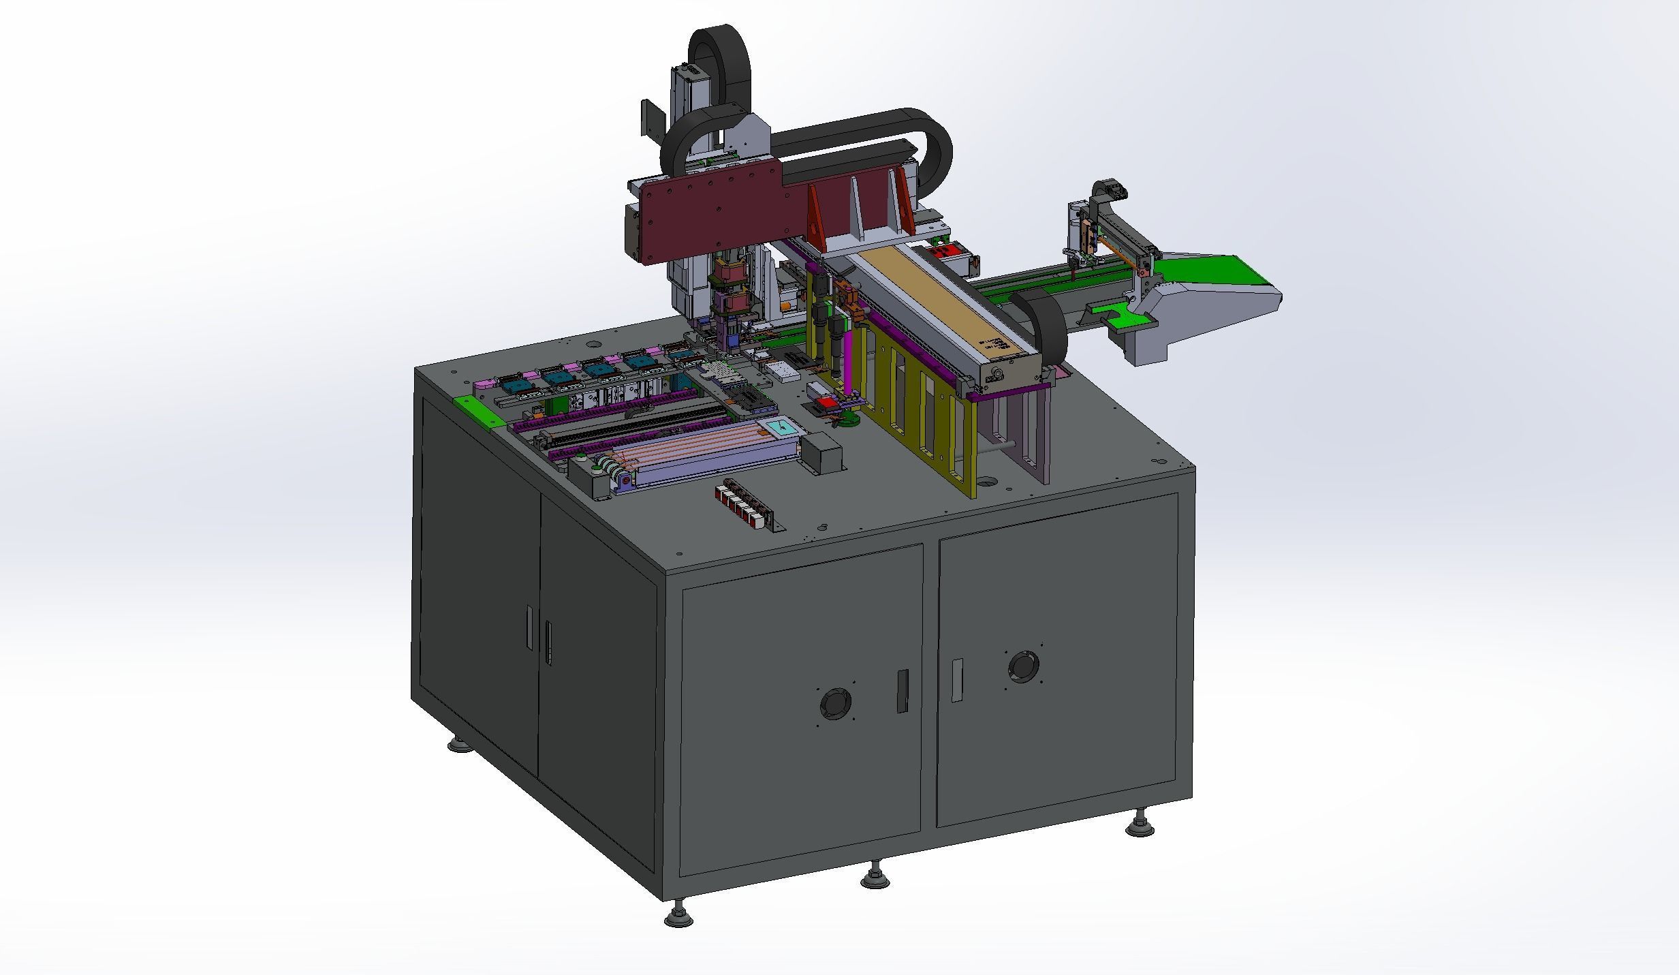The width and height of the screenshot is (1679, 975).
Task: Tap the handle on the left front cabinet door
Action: click(x=903, y=692)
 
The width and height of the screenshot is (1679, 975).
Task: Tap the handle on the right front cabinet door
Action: click(x=957, y=680)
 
